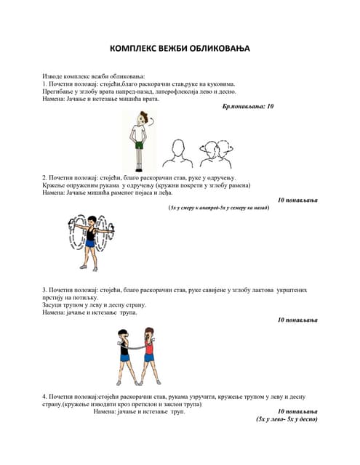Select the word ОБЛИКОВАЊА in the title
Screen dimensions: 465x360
pyautogui.click(x=218, y=48)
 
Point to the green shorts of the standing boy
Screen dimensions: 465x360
pyautogui.click(x=138, y=145)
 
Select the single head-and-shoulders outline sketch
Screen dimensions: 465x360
pyautogui.click(x=175, y=153)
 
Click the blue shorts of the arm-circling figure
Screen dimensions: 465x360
pyautogui.click(x=90, y=244)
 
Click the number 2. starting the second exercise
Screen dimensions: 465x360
pyautogui.click(x=44, y=177)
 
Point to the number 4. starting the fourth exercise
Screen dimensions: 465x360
pyautogui.click(x=44, y=396)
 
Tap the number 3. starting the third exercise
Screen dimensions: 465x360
pyautogui.click(x=44, y=290)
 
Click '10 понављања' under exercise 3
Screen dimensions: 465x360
pyautogui.click(x=297, y=320)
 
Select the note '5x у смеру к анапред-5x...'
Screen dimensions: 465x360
pyautogui.click(x=218, y=208)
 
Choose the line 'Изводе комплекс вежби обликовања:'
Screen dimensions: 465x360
pyautogui.click(x=93, y=76)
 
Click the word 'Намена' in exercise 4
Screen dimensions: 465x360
pyautogui.click(x=108, y=411)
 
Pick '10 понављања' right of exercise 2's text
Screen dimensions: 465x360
pyautogui.click(x=297, y=200)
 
